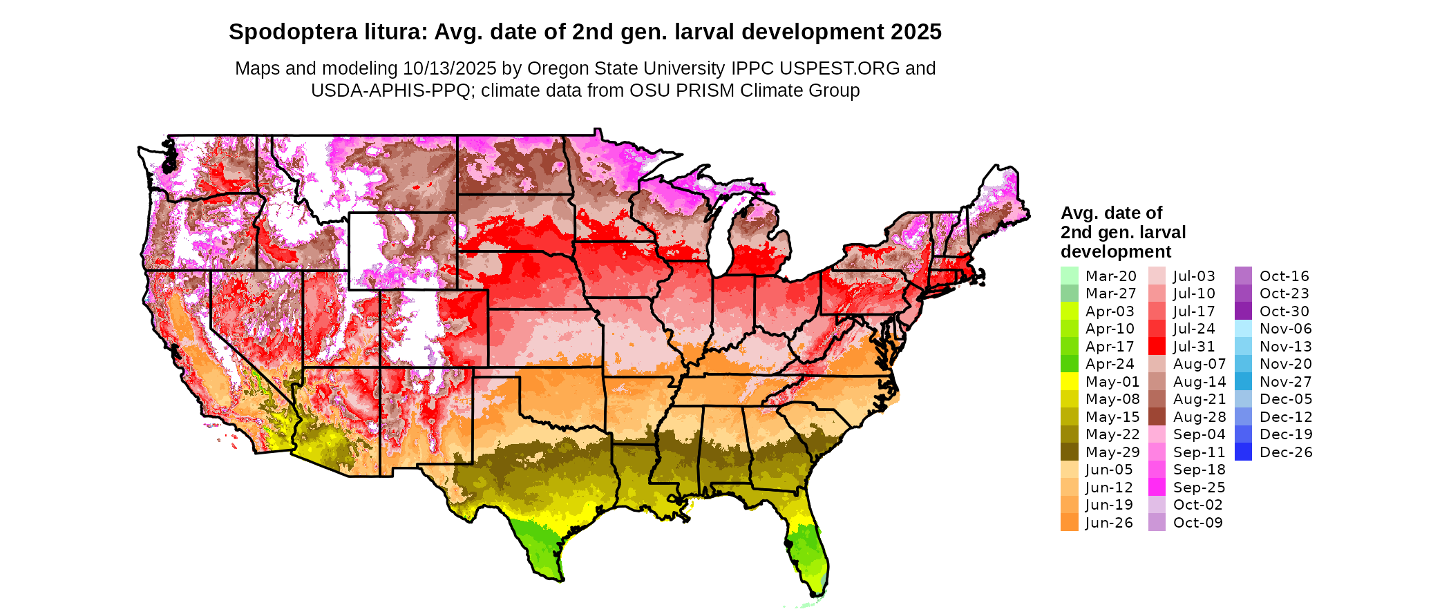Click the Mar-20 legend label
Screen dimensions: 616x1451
click(1110, 276)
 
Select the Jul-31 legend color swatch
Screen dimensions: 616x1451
click(1157, 347)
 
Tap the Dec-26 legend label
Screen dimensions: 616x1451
click(1286, 452)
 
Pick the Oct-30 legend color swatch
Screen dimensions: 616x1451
click(1243, 311)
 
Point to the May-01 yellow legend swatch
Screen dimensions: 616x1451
click(1069, 382)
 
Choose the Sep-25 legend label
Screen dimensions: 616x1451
click(1199, 488)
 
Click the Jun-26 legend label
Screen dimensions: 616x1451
click(1109, 523)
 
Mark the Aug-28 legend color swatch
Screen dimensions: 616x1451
click(1157, 417)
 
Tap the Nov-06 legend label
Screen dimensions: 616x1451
click(1285, 329)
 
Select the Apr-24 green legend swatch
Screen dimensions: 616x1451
click(1069, 364)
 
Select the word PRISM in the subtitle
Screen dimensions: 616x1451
click(708, 90)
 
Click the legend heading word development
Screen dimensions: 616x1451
click(1116, 251)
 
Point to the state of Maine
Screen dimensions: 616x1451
click(995, 200)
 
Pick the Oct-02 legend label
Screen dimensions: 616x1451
click(1197, 505)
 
